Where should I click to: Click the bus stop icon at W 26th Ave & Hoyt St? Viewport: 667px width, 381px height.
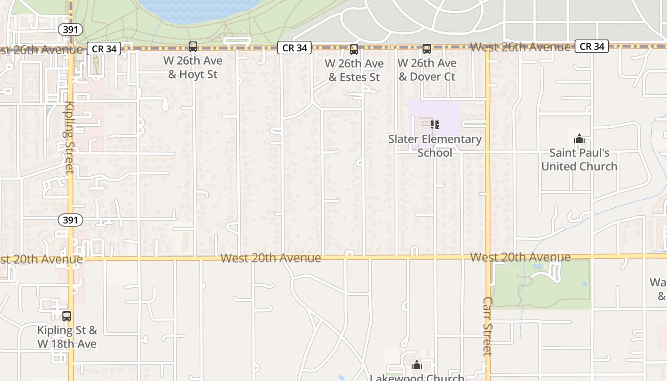click(x=193, y=47)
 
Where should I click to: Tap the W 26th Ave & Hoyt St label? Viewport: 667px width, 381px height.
click(x=193, y=68)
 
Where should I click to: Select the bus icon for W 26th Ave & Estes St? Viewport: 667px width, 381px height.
click(x=354, y=50)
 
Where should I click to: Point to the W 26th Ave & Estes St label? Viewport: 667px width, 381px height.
click(x=354, y=70)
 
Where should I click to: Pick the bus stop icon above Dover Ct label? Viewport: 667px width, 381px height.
click(x=427, y=49)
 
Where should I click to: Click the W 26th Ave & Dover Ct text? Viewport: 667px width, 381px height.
click(x=427, y=70)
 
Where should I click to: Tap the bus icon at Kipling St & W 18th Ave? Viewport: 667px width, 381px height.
click(x=67, y=316)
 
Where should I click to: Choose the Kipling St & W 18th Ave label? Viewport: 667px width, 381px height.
click(x=67, y=337)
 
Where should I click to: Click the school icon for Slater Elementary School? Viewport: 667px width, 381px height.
click(x=435, y=125)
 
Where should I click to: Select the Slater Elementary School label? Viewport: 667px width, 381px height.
click(x=435, y=146)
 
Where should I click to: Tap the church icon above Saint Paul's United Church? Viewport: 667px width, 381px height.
click(x=579, y=139)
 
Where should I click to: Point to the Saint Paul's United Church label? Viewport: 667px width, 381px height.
click(x=579, y=160)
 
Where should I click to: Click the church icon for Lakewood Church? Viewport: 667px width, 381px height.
click(x=417, y=365)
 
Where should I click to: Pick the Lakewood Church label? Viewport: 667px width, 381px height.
click(x=417, y=378)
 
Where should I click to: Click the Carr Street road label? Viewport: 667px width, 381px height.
click(x=487, y=326)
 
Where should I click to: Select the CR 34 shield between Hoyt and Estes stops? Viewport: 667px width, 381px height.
click(x=294, y=48)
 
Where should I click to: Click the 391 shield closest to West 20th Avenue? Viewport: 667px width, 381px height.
click(x=71, y=220)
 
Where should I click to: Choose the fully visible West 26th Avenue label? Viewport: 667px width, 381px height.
click(x=520, y=47)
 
